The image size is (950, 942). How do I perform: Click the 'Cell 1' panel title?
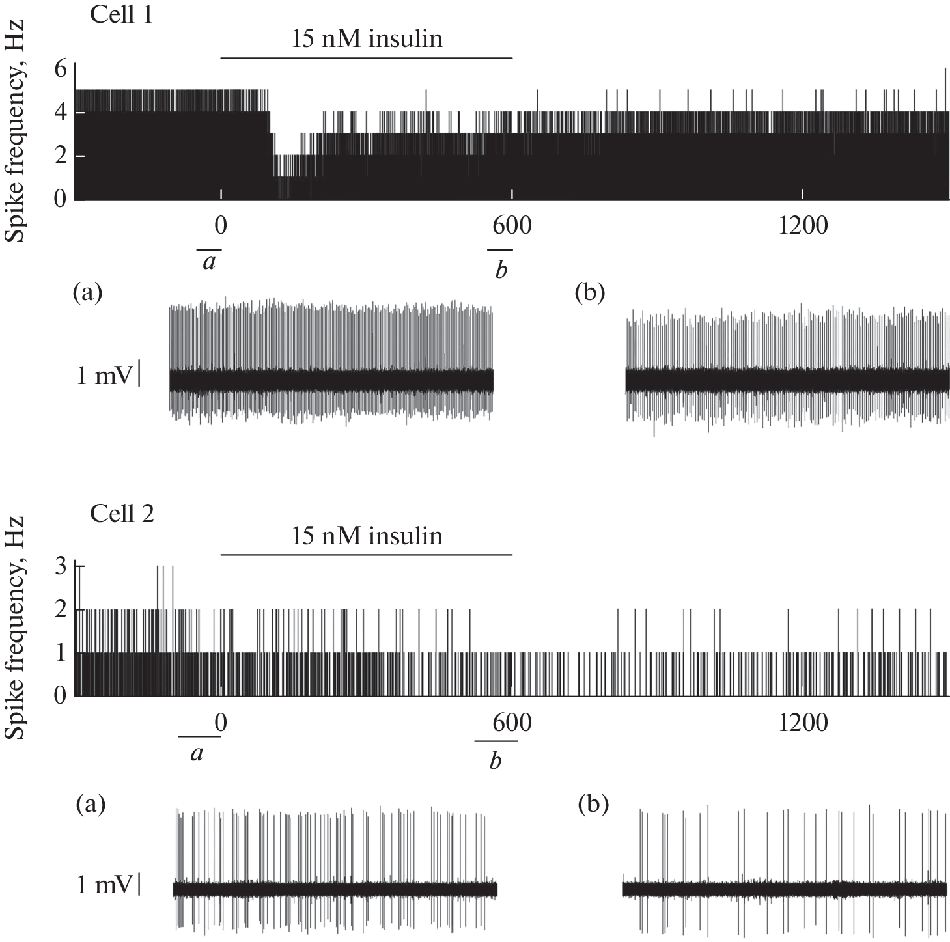click(x=122, y=14)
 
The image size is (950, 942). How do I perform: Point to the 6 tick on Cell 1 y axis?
click(x=61, y=68)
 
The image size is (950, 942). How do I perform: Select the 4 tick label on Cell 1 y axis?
click(x=61, y=113)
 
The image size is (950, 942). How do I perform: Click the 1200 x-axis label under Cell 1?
click(x=803, y=226)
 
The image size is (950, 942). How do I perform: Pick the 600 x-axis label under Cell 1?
click(x=512, y=226)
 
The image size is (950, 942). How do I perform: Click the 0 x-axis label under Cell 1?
click(x=221, y=226)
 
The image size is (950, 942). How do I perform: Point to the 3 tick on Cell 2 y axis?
click(x=61, y=566)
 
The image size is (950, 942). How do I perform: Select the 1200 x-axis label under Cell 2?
click(x=803, y=723)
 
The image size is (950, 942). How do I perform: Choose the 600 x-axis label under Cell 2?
click(x=512, y=723)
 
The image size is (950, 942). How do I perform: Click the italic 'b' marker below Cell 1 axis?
click(x=500, y=270)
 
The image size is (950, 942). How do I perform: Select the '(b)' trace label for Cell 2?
click(x=593, y=805)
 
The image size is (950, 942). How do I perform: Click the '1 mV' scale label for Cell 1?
click(x=104, y=376)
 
